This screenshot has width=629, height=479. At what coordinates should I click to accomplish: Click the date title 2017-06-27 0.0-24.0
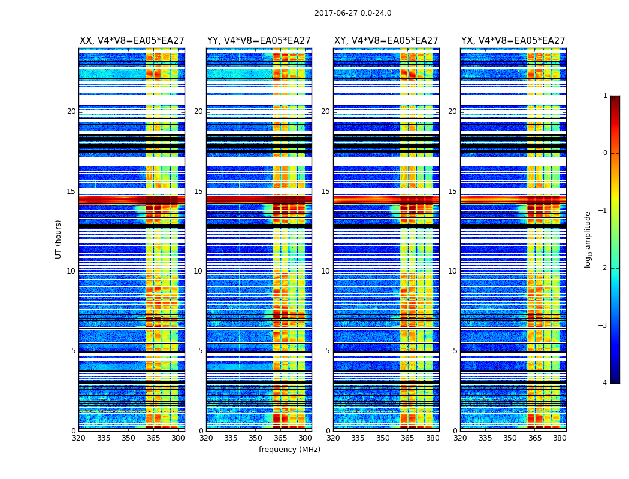353,13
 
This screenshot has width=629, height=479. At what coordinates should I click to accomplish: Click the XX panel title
132,41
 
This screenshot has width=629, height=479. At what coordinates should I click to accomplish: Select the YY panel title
259,41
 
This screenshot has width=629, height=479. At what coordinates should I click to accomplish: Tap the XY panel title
386,41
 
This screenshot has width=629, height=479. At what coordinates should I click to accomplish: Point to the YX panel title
513,41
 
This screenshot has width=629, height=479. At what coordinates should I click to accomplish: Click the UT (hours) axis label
59,239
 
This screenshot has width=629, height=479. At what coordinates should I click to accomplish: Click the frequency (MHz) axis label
289,450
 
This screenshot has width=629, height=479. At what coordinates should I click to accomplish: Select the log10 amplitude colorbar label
588,239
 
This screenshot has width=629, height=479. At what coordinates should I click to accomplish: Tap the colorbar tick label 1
604,96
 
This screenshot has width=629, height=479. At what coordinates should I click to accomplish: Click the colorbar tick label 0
604,153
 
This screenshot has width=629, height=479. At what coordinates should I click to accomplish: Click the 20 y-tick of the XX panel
71,111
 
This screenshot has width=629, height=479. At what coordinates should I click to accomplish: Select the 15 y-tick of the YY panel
198,192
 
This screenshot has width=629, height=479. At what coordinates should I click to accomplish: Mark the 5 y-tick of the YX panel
455,351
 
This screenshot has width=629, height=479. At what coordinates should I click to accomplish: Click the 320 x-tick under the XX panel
78,438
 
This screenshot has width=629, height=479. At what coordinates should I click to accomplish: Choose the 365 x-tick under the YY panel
280,438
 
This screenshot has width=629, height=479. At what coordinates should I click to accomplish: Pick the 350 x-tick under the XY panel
383,438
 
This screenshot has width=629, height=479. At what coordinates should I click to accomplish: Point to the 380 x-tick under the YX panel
560,438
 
